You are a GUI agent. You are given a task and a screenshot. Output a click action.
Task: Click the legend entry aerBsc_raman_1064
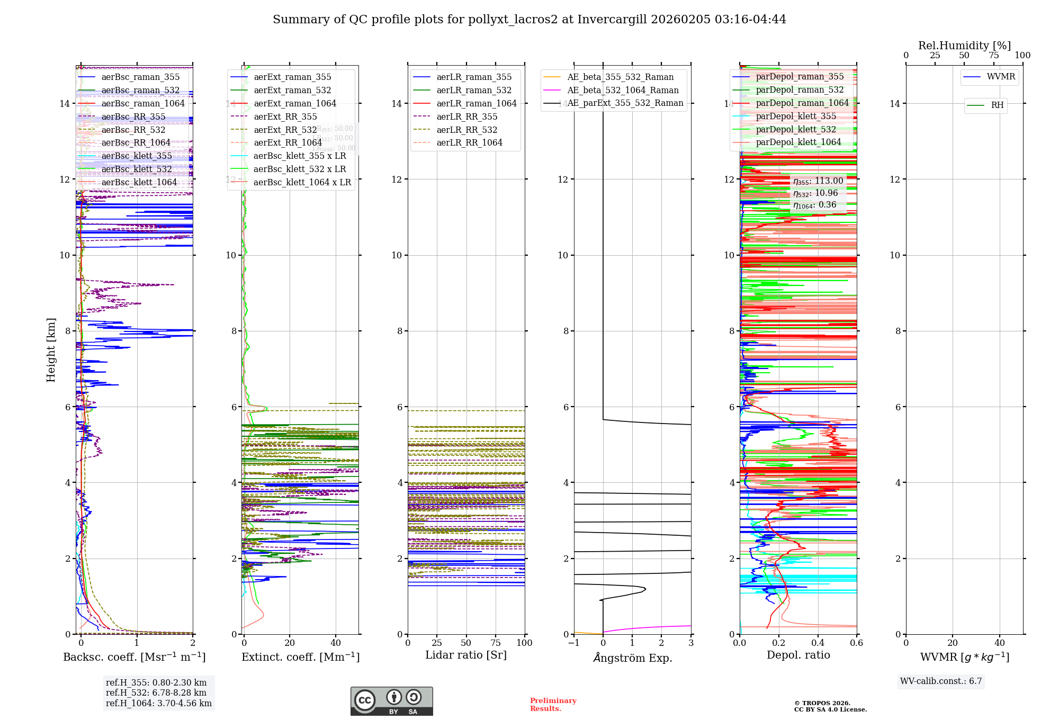[x=143, y=103]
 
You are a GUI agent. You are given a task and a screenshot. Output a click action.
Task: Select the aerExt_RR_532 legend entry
[x=285, y=130]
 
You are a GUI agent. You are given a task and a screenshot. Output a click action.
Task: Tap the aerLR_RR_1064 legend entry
[x=469, y=142]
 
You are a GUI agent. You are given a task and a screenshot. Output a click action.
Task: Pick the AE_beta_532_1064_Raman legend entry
[x=623, y=90]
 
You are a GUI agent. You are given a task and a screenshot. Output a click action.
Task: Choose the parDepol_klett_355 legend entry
[x=796, y=116]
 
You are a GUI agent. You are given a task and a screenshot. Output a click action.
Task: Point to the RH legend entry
[x=997, y=105]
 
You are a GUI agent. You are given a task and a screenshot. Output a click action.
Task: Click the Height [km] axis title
[x=51, y=349]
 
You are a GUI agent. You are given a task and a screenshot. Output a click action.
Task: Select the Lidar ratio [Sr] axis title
[x=466, y=655]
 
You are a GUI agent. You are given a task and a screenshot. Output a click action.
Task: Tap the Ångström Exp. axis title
[x=632, y=658]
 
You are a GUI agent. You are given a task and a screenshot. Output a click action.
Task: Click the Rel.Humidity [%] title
[x=964, y=46]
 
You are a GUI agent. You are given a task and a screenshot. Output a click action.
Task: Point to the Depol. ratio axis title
[x=798, y=655]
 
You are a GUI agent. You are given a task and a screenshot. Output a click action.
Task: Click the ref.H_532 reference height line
[x=156, y=692]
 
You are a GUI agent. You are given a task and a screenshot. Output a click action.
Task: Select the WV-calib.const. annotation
[x=941, y=681]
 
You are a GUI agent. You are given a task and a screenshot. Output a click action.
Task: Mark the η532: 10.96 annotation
[x=815, y=193]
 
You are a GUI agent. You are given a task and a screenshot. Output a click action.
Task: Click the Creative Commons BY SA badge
[x=391, y=701]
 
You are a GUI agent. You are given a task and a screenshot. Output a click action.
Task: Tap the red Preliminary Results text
[x=553, y=704]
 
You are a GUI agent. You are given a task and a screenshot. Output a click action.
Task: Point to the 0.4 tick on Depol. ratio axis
[x=818, y=643]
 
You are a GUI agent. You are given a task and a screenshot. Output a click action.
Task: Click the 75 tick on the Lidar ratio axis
[x=496, y=643]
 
